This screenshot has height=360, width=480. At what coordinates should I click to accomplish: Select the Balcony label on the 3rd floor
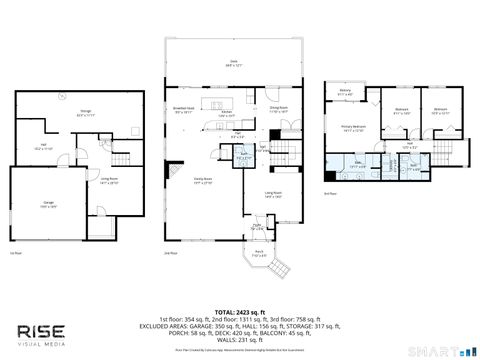click(344, 93)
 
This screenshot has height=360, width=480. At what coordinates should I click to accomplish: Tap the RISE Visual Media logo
click(52, 332)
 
